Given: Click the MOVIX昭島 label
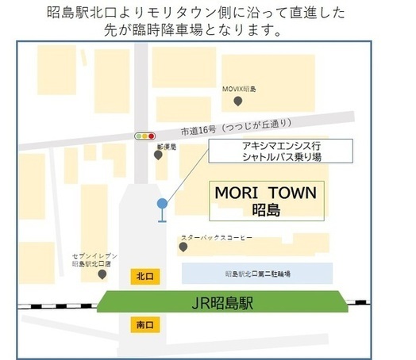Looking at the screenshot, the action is [x=238, y=90].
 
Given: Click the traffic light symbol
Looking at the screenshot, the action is [x=144, y=136].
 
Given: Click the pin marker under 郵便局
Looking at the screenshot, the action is [x=159, y=155].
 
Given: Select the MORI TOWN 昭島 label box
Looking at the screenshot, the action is [x=267, y=201].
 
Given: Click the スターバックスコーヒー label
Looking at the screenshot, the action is [x=216, y=237].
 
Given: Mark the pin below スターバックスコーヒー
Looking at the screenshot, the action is [x=183, y=247].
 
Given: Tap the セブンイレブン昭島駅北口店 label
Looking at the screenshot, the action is [x=95, y=259].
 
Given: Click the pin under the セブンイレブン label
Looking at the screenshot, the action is [x=102, y=274].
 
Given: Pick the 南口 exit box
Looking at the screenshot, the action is [x=143, y=324].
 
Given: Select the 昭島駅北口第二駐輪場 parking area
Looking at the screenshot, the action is [x=258, y=273].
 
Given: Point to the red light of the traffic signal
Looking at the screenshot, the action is [x=151, y=136].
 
